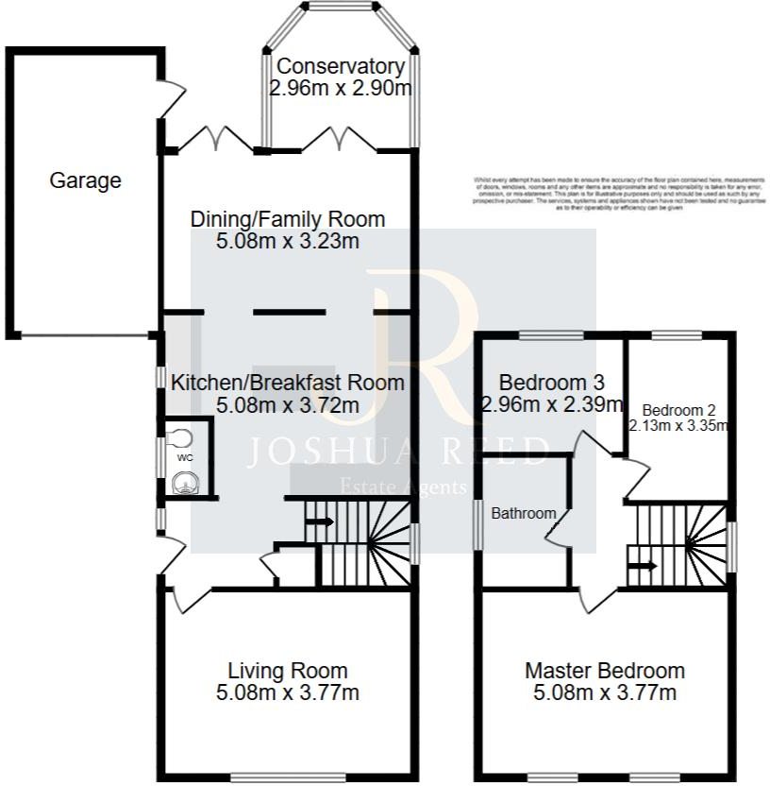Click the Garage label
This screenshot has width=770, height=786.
pyautogui.click(x=85, y=180)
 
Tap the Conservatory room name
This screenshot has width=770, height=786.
pyautogui.click(x=341, y=67)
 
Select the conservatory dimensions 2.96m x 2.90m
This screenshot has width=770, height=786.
pyautogui.click(x=341, y=89)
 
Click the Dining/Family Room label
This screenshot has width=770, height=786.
pyautogui.click(x=288, y=219)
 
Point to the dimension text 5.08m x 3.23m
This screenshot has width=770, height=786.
pyautogui.click(x=288, y=241)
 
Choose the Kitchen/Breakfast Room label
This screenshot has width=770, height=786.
pyautogui.click(x=287, y=383)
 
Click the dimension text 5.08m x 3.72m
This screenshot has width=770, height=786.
pyautogui.click(x=287, y=405)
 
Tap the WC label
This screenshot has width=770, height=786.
pyautogui.click(x=185, y=458)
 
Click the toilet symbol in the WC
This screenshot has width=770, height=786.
pyautogui.click(x=180, y=437)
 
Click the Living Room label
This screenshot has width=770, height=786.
pyautogui.click(x=288, y=671)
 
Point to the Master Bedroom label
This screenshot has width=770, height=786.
pyautogui.click(x=605, y=671)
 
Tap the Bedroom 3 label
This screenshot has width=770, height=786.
pyautogui.click(x=551, y=383)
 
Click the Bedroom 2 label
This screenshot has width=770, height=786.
pyautogui.click(x=679, y=410)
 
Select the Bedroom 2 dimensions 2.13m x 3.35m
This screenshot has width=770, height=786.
pyautogui.click(x=679, y=425)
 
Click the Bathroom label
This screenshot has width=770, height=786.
pyautogui.click(x=524, y=513)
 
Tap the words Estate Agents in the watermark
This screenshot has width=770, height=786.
pyautogui.click(x=403, y=487)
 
